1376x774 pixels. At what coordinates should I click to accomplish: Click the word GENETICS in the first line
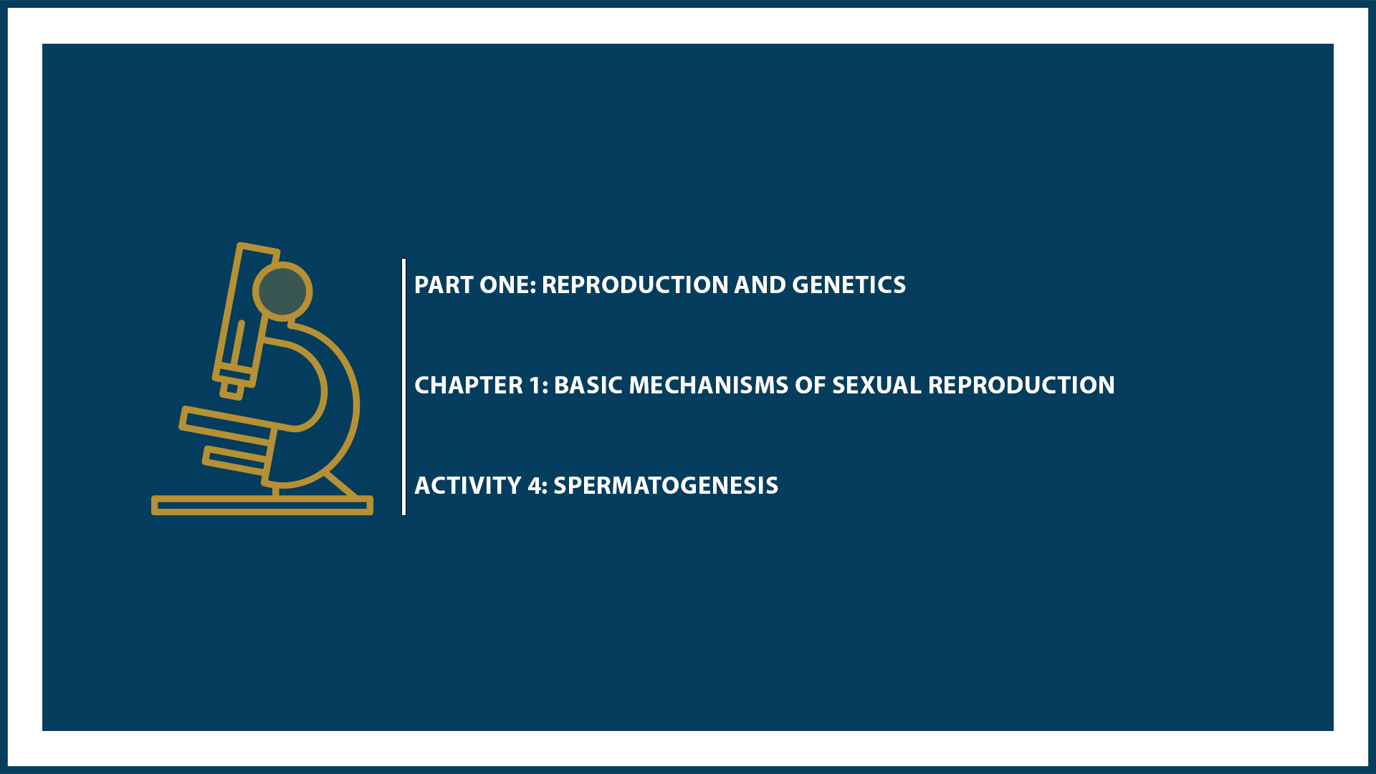coord(849,285)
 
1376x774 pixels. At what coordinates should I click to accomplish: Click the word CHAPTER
coord(469,386)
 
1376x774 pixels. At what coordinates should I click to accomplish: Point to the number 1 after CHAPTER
coord(537,386)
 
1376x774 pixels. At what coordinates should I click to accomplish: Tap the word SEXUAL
coord(876,386)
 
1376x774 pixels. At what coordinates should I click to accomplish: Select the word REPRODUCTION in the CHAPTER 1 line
coord(1021,386)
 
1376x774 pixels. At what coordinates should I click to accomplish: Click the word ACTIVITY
coord(467,486)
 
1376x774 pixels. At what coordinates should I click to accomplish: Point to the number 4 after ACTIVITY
coord(536,486)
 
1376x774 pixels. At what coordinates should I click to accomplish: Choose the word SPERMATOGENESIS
coord(666,486)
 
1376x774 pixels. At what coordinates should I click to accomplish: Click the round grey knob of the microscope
coord(282,291)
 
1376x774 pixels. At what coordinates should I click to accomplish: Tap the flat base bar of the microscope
coord(262,505)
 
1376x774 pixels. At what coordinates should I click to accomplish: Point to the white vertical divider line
coord(404,387)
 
